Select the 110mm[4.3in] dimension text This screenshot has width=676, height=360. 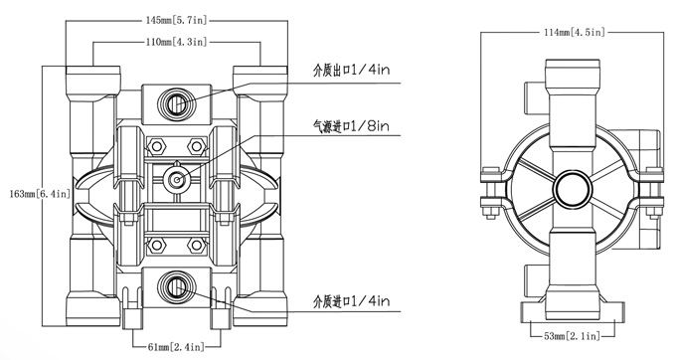176,42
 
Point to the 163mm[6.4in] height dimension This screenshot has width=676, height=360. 39,194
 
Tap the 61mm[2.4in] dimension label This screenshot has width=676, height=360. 176,346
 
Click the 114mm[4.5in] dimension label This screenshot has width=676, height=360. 575,32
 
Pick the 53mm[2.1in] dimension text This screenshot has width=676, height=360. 572,336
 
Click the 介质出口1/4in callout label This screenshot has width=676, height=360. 351,70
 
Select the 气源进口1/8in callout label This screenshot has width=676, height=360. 351,126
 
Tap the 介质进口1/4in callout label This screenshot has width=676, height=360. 351,300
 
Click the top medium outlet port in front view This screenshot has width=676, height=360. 176,103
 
